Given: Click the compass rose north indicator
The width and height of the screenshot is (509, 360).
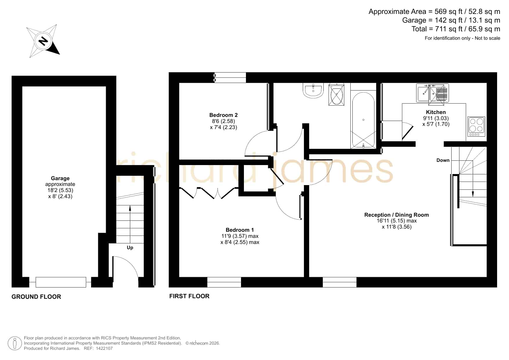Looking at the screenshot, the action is pyautogui.click(x=43, y=41).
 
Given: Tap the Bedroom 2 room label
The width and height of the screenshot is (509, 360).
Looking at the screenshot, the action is pyautogui.click(x=223, y=115).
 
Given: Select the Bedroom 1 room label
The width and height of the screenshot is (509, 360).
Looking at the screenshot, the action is pyautogui.click(x=240, y=230).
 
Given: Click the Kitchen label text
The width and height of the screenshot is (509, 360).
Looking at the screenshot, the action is pyautogui.click(x=436, y=112).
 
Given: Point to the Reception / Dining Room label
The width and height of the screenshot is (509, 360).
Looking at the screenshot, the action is pyautogui.click(x=396, y=215).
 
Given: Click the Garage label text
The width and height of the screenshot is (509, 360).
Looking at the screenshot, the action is pyautogui.click(x=60, y=178).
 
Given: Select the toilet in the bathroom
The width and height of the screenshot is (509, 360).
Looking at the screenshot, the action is pyautogui.click(x=336, y=94).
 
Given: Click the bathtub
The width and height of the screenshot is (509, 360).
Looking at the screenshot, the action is pyautogui.click(x=363, y=120).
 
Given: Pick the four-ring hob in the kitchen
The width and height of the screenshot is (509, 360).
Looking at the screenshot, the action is pyautogui.click(x=476, y=126).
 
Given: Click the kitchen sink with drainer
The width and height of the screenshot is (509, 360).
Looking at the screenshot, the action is pyautogui.click(x=432, y=93).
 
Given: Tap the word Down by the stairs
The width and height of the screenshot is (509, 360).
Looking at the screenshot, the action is pyautogui.click(x=443, y=160).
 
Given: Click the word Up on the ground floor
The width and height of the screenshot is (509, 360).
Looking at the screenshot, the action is pyautogui.click(x=130, y=248).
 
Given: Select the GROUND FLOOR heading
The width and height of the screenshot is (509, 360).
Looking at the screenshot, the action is pyautogui.click(x=36, y=297).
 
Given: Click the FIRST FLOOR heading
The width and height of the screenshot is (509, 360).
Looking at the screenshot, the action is pyautogui.click(x=189, y=296).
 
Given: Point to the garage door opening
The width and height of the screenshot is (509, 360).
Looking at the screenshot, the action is pyautogui.click(x=61, y=282).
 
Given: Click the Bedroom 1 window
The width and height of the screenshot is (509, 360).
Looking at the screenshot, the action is pyautogui.click(x=224, y=282).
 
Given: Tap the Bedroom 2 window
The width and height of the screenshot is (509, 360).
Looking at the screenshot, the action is pyautogui.click(x=230, y=77).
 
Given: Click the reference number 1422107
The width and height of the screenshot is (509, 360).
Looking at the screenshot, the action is pyautogui.click(x=103, y=348).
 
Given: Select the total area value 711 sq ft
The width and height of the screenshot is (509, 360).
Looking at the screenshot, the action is pyautogui.click(x=451, y=29).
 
